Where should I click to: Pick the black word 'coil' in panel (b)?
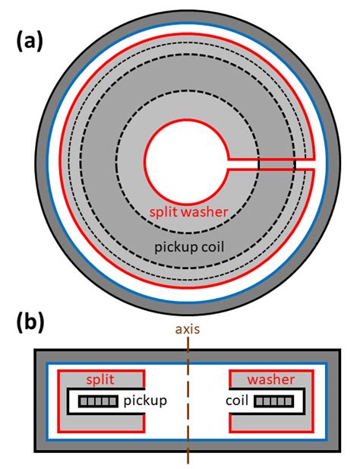coord(237,401)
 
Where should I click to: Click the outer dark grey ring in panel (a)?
coord(187,24)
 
